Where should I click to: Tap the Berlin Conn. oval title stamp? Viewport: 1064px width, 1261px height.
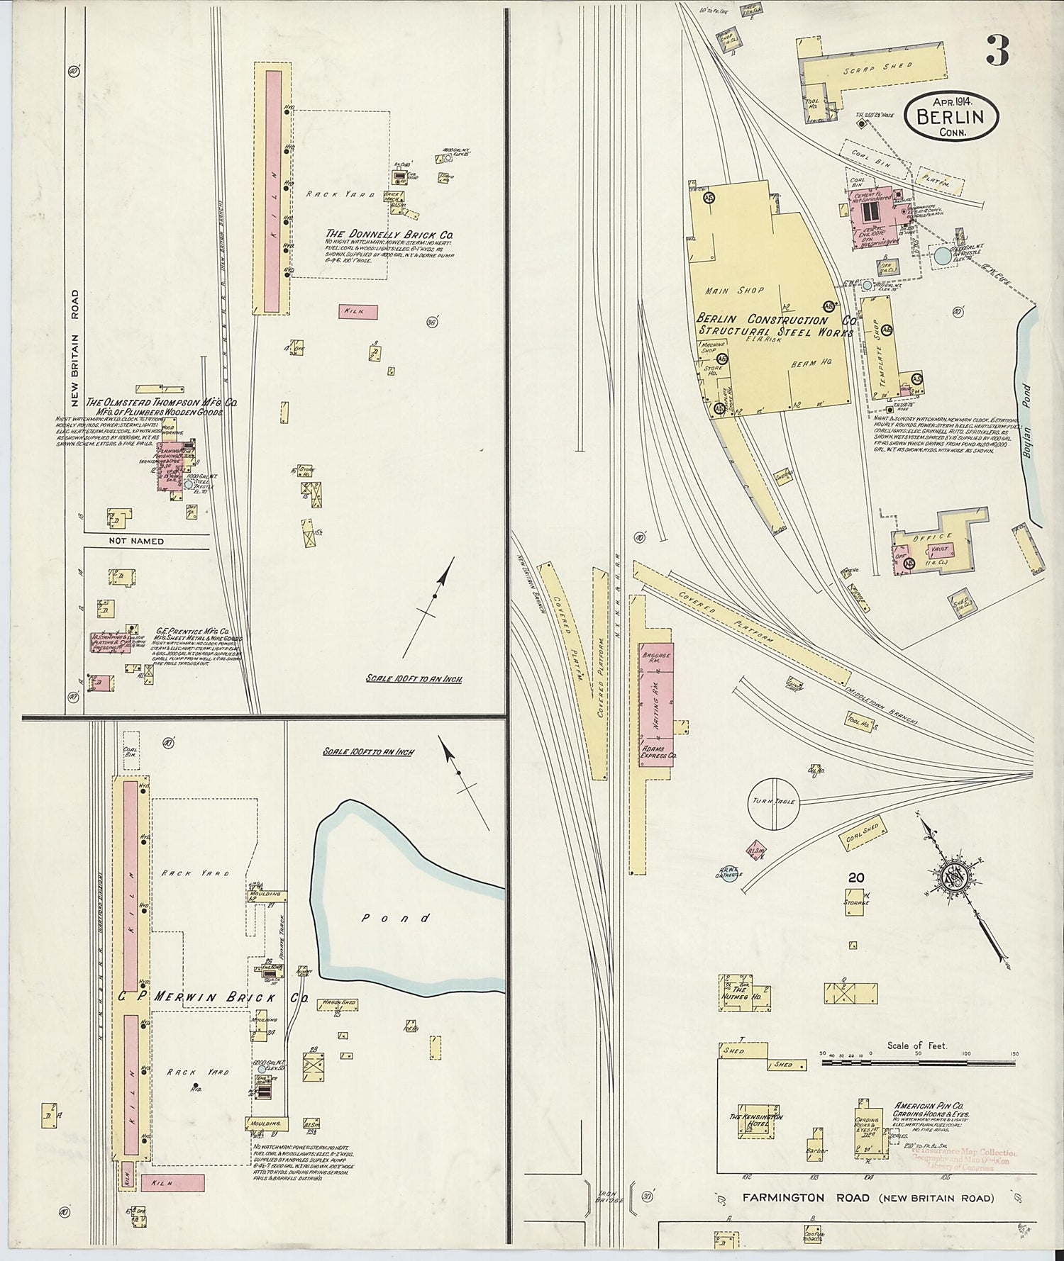click(x=951, y=115)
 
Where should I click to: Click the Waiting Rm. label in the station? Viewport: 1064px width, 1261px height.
click(x=656, y=701)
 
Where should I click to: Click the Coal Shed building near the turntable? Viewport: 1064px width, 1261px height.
click(x=862, y=833)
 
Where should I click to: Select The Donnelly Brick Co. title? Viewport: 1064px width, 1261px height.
click(x=389, y=234)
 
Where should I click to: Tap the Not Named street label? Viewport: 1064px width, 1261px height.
click(x=135, y=541)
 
